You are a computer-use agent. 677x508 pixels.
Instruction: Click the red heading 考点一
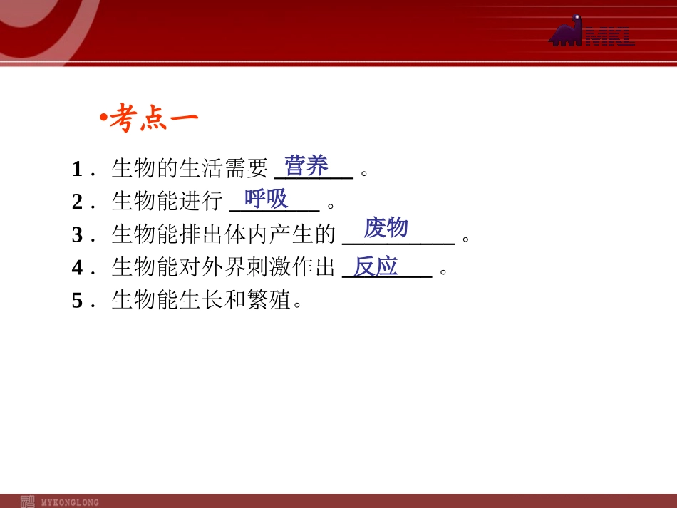153,119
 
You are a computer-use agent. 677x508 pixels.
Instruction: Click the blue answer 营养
306,166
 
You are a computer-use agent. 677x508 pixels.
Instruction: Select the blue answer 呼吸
266,198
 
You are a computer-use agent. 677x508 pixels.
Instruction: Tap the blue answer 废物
386,228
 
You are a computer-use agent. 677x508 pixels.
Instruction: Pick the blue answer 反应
376,266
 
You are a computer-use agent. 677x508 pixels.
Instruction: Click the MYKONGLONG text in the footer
71,502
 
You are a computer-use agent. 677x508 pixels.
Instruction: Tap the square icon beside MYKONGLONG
28,501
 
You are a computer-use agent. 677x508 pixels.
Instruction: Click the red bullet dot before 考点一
104,117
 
